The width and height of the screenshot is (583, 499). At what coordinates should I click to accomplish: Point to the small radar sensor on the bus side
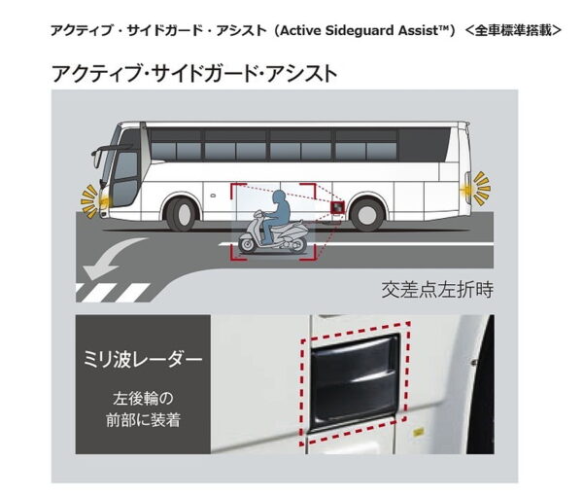[x=336, y=207]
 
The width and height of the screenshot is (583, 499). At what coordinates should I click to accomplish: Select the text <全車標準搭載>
[x=512, y=31]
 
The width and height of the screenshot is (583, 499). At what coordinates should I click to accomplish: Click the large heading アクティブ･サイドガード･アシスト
[x=194, y=74]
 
